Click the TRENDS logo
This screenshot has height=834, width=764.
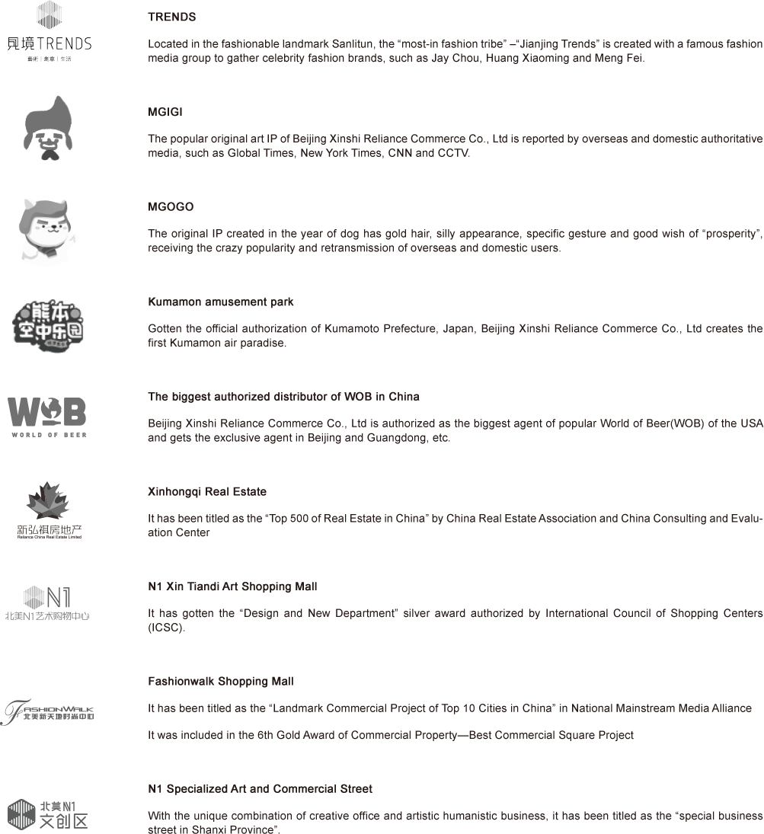(x=49, y=31)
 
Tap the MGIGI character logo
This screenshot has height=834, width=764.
(x=47, y=128)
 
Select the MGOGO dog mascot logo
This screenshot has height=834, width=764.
(x=49, y=231)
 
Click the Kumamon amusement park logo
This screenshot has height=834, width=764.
(x=48, y=326)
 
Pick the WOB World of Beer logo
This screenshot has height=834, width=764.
(x=47, y=417)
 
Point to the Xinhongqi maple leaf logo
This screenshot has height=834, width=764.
(x=50, y=510)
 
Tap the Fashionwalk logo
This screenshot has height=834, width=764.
(x=47, y=711)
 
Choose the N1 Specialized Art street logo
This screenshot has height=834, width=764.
(x=48, y=813)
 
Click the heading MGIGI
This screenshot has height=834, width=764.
(x=165, y=112)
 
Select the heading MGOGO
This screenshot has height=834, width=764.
(x=171, y=207)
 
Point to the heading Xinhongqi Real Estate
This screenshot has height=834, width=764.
(x=206, y=492)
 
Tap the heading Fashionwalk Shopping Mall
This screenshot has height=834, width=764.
(x=220, y=682)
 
